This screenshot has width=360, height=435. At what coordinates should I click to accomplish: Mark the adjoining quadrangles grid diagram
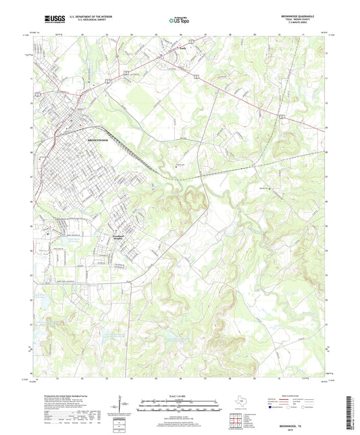click(237, 421)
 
